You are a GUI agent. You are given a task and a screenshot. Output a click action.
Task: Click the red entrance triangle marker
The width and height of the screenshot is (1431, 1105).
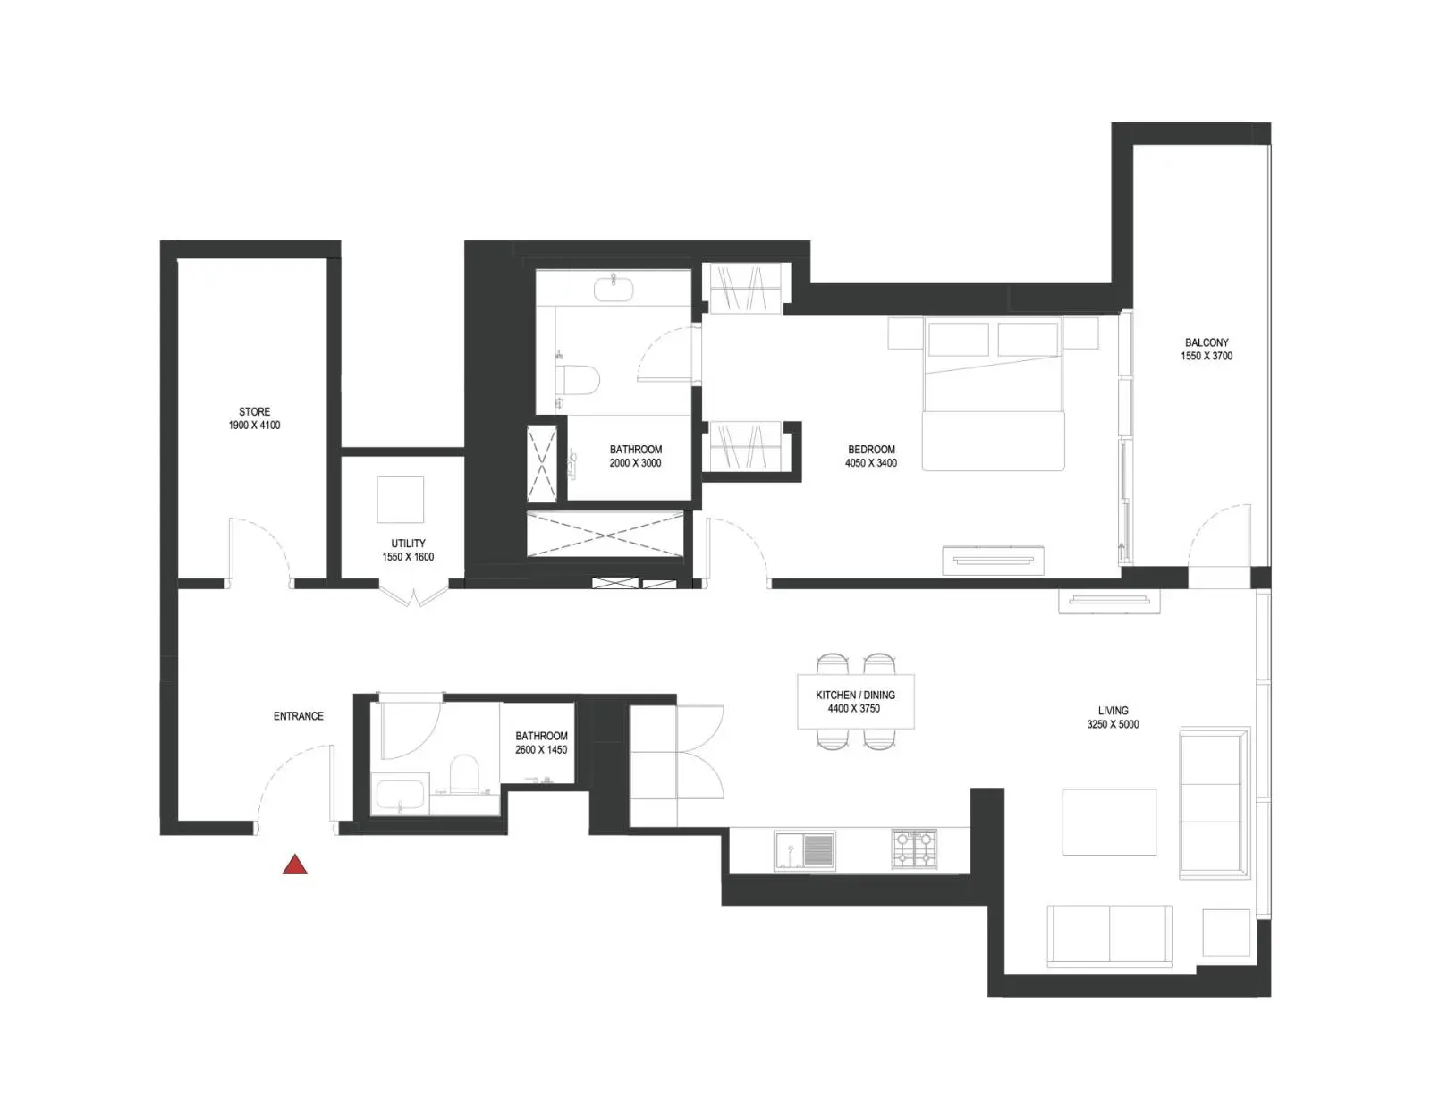pyautogui.click(x=294, y=865)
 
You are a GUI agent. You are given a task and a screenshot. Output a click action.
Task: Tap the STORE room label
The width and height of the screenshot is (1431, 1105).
pyautogui.click(x=254, y=411)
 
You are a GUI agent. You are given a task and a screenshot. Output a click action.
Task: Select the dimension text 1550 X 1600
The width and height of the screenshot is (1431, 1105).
pyautogui.click(x=408, y=557)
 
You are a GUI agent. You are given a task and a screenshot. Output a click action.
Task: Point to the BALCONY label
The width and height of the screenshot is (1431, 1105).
pyautogui.click(x=1207, y=342)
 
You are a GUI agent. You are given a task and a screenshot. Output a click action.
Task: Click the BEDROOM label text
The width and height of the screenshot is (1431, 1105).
pyautogui.click(x=871, y=450)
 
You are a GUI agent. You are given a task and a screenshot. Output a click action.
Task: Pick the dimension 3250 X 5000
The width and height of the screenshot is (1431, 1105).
pyautogui.click(x=1113, y=724)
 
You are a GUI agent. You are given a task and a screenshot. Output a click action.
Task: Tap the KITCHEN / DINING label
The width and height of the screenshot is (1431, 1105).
pyautogui.click(x=855, y=695)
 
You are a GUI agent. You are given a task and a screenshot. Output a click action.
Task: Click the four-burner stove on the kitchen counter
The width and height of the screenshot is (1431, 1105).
pyautogui.click(x=915, y=849)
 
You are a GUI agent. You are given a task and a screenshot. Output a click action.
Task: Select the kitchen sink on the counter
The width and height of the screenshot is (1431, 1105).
pyautogui.click(x=805, y=851)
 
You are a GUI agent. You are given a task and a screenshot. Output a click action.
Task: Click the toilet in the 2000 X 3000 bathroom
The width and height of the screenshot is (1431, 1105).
pyautogui.click(x=578, y=380)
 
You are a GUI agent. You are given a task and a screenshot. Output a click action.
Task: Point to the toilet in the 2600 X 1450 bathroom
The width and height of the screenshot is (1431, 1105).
pyautogui.click(x=463, y=772)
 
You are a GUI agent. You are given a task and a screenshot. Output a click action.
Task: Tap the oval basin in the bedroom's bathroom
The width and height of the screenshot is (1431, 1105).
pyautogui.click(x=614, y=289)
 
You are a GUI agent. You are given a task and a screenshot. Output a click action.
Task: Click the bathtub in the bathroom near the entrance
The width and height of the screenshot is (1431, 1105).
pyautogui.click(x=401, y=795)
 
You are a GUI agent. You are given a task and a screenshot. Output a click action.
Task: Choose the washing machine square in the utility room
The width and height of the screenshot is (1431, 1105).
pyautogui.click(x=401, y=500)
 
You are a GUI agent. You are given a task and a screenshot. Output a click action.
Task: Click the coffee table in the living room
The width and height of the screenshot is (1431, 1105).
pyautogui.click(x=1109, y=822)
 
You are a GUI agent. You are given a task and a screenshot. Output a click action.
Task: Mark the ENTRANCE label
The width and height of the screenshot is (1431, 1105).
pyautogui.click(x=299, y=716)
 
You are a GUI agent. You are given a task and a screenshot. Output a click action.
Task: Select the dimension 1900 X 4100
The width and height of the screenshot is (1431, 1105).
pyautogui.click(x=254, y=426)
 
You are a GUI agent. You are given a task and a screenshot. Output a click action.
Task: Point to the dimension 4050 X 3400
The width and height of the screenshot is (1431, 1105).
pyautogui.click(x=871, y=463)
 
